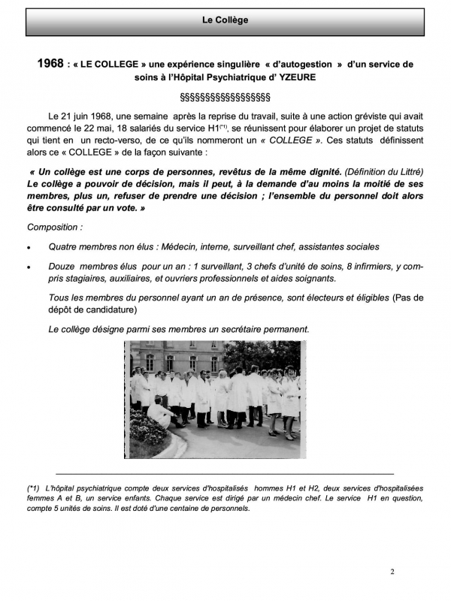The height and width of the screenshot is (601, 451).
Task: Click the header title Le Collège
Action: tap(225, 20)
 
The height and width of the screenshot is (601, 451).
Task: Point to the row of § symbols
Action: tap(225, 98)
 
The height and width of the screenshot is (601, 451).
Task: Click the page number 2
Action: tap(392, 572)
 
